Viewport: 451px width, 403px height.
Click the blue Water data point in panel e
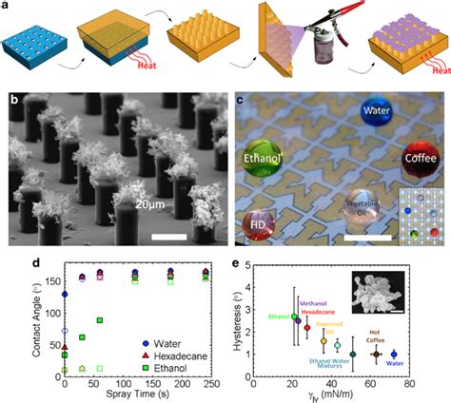420,354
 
